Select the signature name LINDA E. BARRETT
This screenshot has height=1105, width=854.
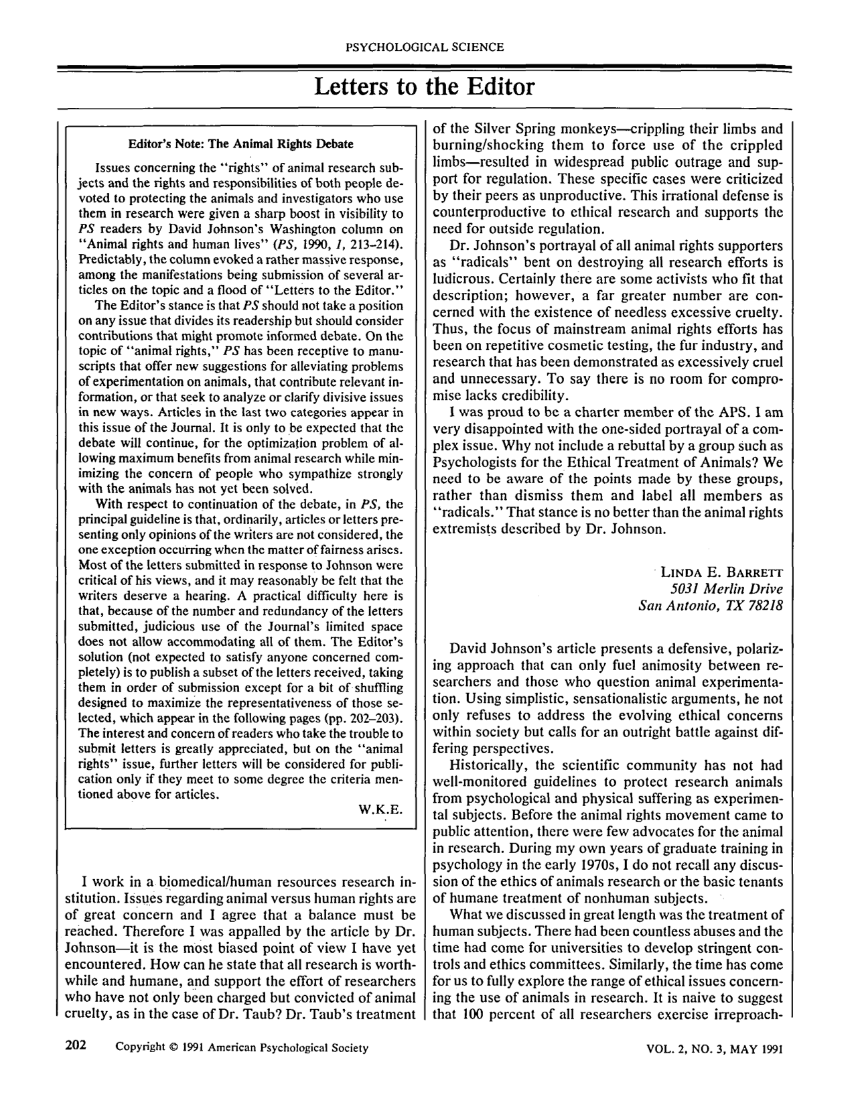[721, 572]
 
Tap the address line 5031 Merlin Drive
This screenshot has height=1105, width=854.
[726, 589]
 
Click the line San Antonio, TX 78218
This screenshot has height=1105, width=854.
[711, 606]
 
